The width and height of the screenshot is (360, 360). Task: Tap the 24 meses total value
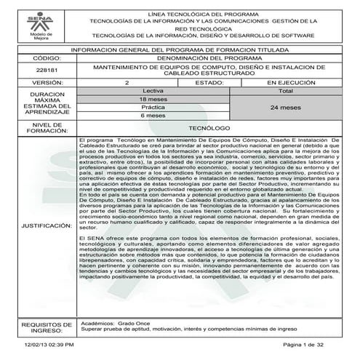coord(285,108)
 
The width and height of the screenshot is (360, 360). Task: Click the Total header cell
coord(285,91)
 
